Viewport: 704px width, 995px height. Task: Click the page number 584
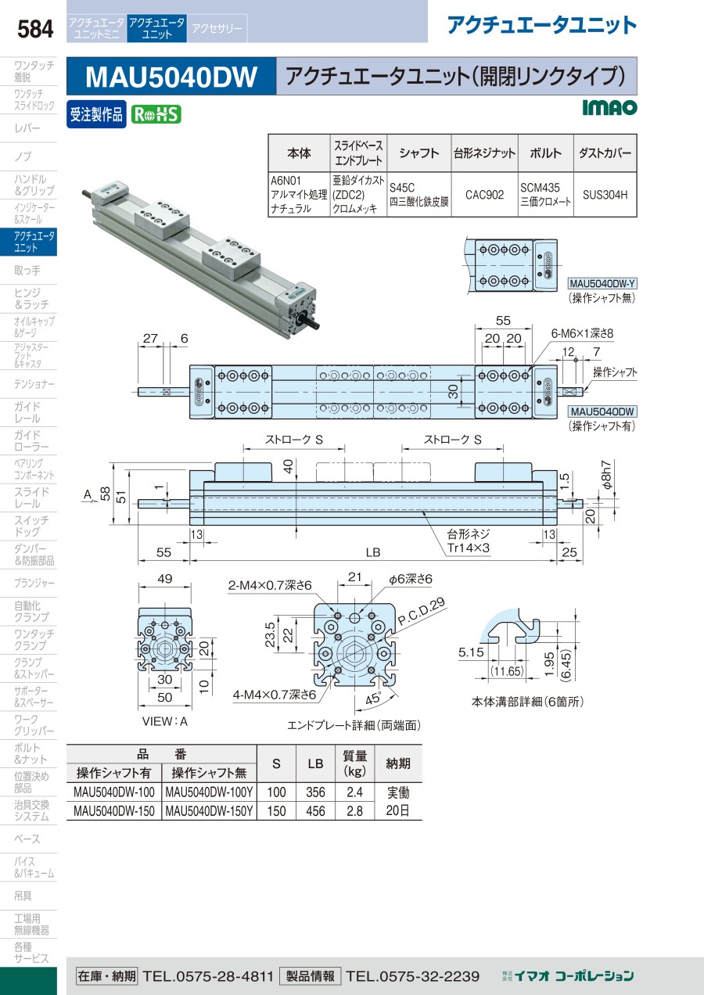coord(35,29)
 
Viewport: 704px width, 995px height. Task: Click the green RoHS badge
coord(156,115)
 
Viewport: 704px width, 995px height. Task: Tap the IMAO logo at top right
coord(609,107)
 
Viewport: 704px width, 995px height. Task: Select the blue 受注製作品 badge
coord(96,115)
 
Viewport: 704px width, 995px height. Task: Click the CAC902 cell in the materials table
coord(484,195)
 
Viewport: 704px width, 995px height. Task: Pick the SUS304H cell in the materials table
coord(605,195)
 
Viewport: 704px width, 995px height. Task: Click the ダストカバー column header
coord(605,153)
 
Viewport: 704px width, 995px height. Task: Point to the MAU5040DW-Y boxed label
coord(602,283)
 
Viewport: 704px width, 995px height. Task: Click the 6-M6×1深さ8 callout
coord(582,333)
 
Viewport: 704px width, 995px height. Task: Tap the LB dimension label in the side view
coord(373,552)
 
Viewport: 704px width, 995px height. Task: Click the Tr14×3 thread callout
coord(468,548)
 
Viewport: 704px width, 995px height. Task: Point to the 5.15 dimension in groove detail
coord(471,652)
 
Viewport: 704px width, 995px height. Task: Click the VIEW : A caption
coord(165,721)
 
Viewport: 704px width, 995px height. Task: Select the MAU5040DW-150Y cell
coord(209,811)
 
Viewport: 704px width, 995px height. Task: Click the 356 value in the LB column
coord(315,792)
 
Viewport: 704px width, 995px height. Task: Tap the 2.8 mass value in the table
coord(354,811)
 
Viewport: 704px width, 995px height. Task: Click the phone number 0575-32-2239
coord(413,976)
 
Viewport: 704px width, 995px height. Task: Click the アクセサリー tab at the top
coord(217,28)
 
